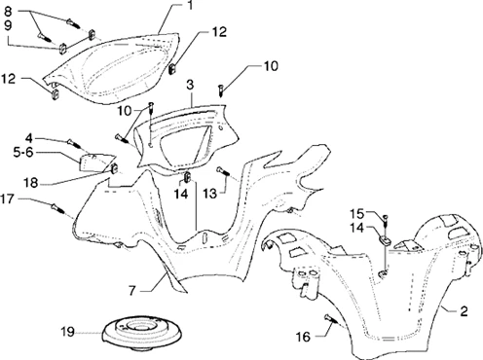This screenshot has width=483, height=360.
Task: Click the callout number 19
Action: point(68,332)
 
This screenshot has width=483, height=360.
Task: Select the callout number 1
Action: point(190,5)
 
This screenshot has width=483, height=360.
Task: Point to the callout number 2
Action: point(464,311)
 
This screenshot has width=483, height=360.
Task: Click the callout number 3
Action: point(190,85)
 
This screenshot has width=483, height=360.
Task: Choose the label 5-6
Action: point(23,153)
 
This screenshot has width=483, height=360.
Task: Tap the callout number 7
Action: point(131,291)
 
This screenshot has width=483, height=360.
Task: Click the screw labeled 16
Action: point(331,319)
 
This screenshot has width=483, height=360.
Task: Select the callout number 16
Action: point(303,337)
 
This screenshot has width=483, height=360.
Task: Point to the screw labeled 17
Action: point(57,208)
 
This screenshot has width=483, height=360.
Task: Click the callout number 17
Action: point(7,198)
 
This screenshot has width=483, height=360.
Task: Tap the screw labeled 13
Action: point(223,171)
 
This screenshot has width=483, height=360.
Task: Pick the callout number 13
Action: point(209,194)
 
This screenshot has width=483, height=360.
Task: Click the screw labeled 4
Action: point(74,143)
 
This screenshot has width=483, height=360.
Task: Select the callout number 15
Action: point(356,214)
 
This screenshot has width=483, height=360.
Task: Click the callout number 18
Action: point(31,183)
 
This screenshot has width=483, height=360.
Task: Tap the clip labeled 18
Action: point(114,168)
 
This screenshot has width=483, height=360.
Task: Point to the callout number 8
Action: point(8,12)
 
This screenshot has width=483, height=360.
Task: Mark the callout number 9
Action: point(8,25)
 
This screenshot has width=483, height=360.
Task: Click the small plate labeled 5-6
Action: point(95,162)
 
